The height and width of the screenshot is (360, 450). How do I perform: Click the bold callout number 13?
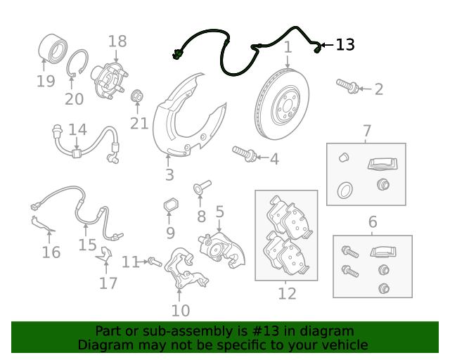click(345, 45)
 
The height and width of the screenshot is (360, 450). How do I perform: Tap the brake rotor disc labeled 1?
click(282, 104)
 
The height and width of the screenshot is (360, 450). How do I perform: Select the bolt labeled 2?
click(347, 86)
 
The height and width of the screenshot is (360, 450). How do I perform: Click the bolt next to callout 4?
click(244, 154)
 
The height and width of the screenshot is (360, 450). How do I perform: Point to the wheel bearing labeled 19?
click(53, 49)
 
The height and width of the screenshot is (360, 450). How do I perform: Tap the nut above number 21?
click(137, 96)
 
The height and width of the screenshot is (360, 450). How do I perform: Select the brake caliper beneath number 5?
click(221, 249)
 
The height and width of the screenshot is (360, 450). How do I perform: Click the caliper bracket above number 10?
click(186, 268)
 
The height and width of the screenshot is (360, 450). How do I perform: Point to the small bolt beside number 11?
click(155, 262)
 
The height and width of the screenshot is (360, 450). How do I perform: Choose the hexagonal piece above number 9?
click(171, 205)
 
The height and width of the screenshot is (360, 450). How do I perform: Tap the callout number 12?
click(287, 293)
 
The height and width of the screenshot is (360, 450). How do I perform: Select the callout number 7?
click(367, 131)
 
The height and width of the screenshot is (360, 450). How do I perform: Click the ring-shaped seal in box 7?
click(345, 190)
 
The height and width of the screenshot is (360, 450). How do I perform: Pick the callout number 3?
click(169, 174)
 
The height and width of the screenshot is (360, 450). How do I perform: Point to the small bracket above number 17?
click(105, 255)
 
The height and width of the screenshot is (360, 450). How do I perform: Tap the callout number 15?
click(87, 245)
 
